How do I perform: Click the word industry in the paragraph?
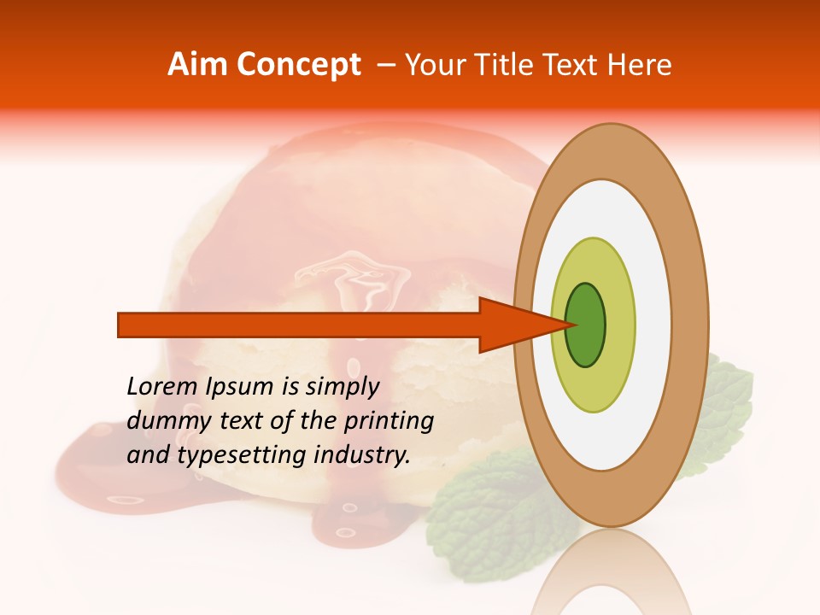point(362,454)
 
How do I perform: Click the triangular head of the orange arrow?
point(512,325)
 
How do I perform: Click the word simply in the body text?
point(342,387)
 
